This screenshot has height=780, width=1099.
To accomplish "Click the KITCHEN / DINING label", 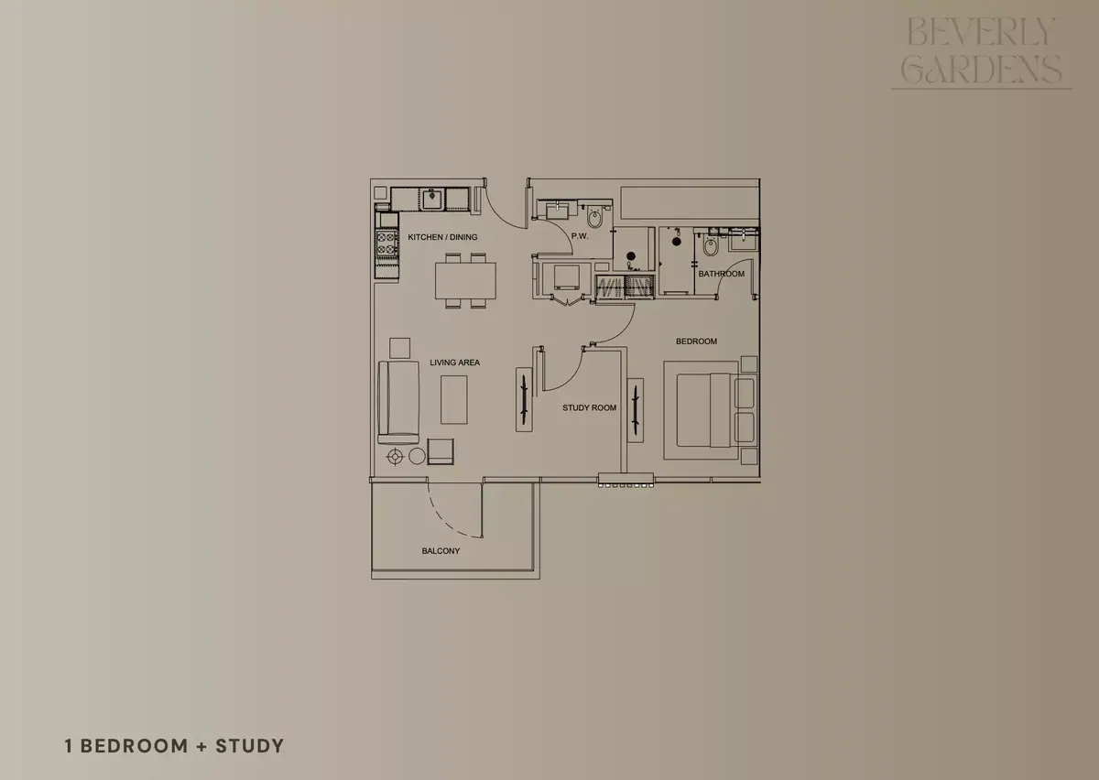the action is pos(442,237).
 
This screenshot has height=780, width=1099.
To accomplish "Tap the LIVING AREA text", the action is pos(455,363).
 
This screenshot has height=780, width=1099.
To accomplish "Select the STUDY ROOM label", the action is pos(589,407).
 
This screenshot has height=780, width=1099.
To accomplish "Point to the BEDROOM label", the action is pos(696,341).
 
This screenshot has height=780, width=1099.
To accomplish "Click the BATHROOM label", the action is pos(722,274).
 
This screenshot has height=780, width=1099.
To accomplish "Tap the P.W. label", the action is pos(580,236).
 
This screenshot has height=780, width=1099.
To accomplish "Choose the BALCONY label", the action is pos(441,551).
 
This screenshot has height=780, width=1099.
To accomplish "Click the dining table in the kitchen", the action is pos(465,281).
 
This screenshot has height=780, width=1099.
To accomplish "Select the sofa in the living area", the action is pos(398,403).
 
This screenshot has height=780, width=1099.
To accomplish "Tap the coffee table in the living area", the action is pos(454,400).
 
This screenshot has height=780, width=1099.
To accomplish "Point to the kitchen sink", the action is pos(431,200).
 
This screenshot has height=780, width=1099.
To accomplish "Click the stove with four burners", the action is pos(386,244).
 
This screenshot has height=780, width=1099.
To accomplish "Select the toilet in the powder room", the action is pos(594,218).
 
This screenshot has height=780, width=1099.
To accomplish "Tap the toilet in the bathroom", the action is pos(710,245).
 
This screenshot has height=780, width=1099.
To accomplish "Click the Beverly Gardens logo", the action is pos(981,51).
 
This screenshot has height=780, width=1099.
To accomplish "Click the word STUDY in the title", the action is pos(250,746).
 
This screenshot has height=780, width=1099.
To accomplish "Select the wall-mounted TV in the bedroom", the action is pos(636,410).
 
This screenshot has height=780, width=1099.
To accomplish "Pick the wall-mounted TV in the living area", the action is pos(524,399).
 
